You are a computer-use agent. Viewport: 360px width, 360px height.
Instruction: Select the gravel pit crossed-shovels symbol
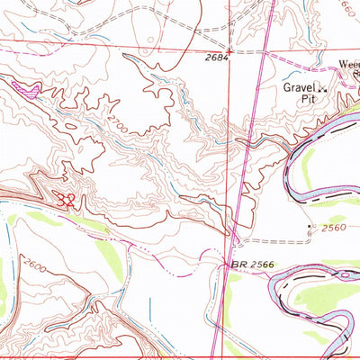[320, 87]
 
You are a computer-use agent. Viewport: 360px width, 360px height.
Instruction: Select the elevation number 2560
[333, 228]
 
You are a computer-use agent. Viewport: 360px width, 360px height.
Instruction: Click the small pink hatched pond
[27, 87]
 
